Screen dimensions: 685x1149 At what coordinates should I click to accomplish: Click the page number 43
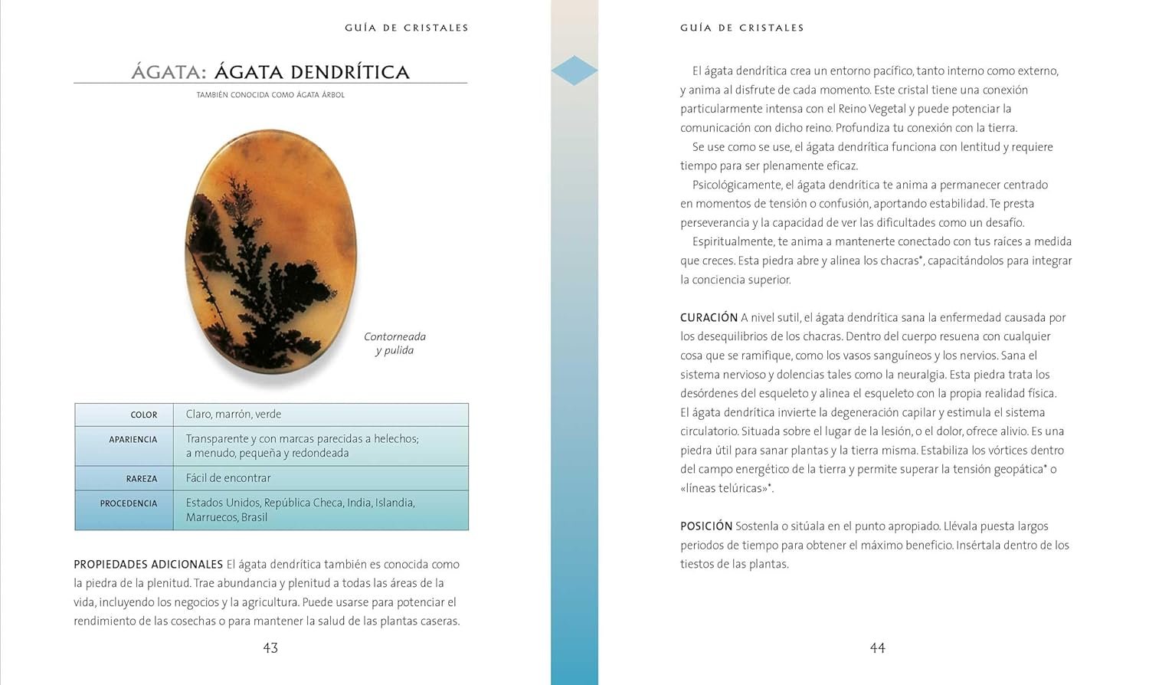[270, 648]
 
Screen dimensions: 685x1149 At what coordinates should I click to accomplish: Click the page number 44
[877, 648]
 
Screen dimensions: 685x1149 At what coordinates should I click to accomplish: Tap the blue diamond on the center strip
[574, 70]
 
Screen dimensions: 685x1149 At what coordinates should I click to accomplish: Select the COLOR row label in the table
[143, 415]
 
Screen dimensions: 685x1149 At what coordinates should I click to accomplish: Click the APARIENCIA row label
[133, 440]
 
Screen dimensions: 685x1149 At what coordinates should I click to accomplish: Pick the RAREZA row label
[141, 479]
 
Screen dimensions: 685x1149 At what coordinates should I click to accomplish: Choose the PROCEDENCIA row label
[128, 503]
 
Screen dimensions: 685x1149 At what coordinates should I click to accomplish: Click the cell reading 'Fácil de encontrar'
[228, 478]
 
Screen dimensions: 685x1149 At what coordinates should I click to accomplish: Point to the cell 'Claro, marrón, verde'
[234, 415]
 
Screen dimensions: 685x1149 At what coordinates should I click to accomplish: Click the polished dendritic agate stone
[271, 253]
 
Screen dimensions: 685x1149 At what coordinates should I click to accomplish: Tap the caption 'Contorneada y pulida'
[394, 343]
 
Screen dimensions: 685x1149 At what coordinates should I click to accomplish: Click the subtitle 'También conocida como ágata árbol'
[270, 95]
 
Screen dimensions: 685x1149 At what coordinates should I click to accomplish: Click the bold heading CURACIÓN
[709, 317]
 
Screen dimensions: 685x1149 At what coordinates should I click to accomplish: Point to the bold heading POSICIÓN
[706, 526]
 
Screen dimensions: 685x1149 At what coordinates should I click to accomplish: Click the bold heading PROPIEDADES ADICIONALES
[148, 565]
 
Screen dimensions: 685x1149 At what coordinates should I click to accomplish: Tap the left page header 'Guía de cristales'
[406, 28]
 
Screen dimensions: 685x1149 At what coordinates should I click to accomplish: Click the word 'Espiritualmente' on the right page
[733, 241]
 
